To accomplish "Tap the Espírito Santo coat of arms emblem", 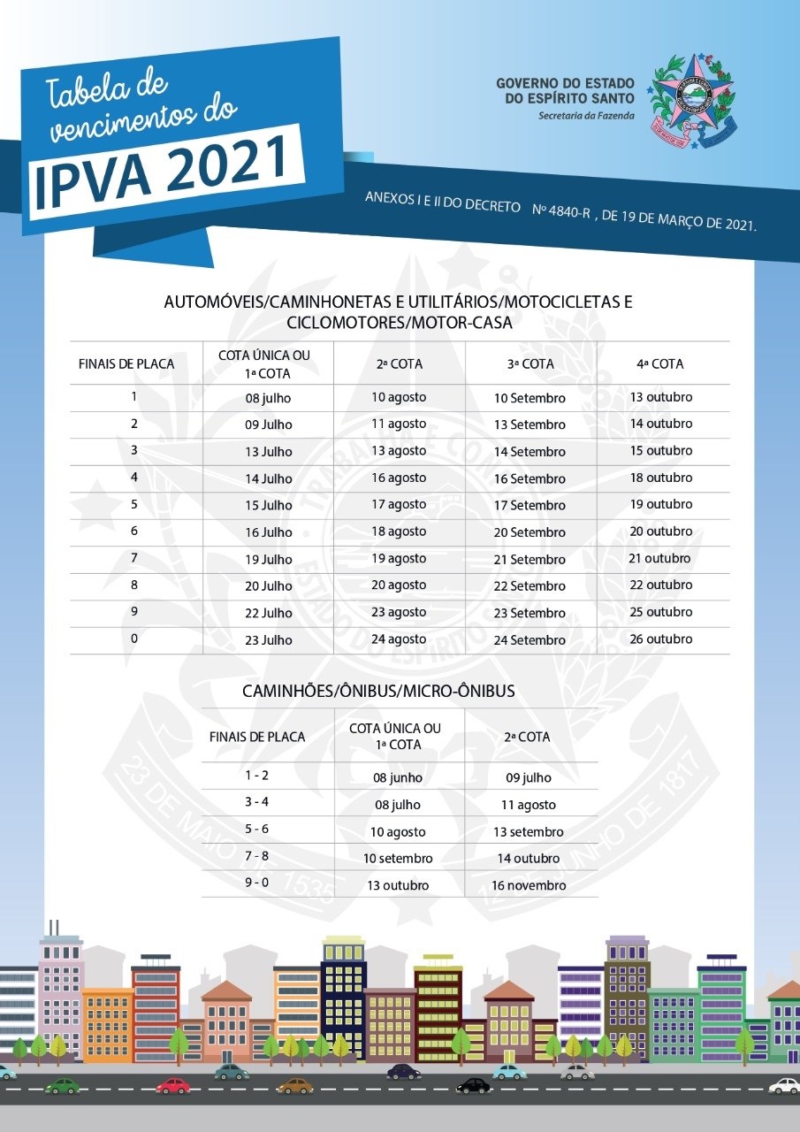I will [692, 95].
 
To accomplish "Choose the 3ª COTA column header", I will [530, 363].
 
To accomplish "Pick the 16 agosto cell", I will [399, 478].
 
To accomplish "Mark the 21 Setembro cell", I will [530, 560].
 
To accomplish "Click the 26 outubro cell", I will [660, 639].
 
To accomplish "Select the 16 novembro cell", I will [529, 885].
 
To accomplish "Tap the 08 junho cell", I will [398, 778].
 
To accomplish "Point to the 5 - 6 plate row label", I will [257, 830].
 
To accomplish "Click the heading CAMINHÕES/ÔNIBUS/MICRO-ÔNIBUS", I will [378, 691].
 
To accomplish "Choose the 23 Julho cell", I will [269, 639].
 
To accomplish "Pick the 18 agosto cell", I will [399, 532].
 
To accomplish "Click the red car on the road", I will [173, 1085].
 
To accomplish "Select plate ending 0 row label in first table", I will [134, 638].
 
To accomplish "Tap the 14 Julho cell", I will [269, 478].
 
